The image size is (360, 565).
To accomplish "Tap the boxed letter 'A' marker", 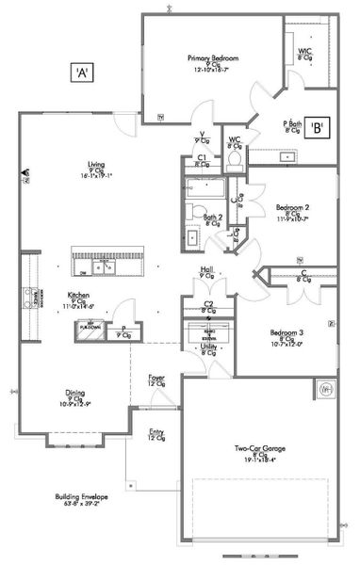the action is pos(83,71).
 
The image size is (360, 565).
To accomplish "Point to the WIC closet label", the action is pos(305,53).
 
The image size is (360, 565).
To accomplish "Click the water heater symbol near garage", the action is pos(327,387).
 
